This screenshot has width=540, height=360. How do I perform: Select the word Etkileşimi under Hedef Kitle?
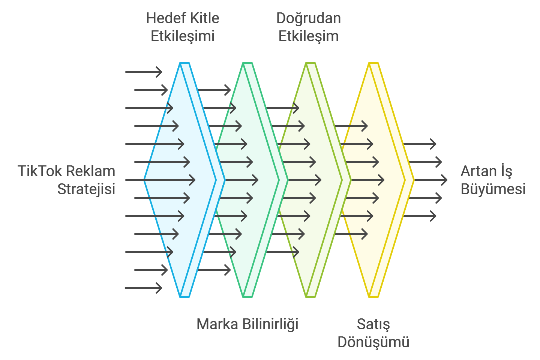pyautogui.click(x=183, y=36)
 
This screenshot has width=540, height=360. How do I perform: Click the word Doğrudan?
pyautogui.click(x=309, y=18)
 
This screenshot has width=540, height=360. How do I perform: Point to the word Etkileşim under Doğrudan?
pyautogui.click(x=309, y=36)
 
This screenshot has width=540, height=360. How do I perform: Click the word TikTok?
pyautogui.click(x=40, y=171)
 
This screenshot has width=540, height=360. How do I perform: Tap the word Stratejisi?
pyautogui.click(x=86, y=189)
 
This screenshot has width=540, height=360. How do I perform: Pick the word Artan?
pyautogui.click(x=475, y=171)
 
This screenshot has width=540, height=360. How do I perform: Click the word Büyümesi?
pyautogui.click(x=493, y=189)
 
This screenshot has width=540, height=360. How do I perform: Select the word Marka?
pyautogui.click(x=217, y=324)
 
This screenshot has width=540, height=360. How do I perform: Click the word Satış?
pyautogui.click(x=373, y=324)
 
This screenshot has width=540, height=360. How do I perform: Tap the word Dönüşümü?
pyautogui.click(x=373, y=342)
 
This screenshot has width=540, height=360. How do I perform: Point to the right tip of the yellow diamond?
pyautogui.click(x=414, y=180)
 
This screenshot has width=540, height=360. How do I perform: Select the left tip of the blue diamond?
pyautogui.click(x=144, y=180)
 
